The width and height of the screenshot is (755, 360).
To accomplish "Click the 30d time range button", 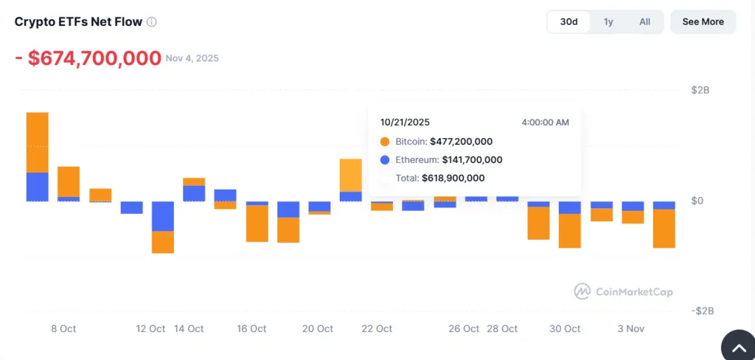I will [x=568, y=22].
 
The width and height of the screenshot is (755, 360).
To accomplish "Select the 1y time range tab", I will [x=608, y=22].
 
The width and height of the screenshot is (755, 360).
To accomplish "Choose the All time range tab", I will [x=644, y=22].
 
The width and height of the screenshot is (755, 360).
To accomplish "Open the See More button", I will [x=703, y=22].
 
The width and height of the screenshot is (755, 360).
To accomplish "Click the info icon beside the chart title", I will [x=152, y=22].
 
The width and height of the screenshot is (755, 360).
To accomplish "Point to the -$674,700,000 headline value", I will [x=88, y=58].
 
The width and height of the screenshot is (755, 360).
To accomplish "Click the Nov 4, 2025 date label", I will [x=192, y=58].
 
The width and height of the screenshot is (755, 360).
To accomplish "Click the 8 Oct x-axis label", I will [x=63, y=329].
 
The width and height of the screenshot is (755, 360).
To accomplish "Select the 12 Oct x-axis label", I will [x=151, y=329].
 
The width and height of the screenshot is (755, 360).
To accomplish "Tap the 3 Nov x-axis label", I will [x=630, y=329].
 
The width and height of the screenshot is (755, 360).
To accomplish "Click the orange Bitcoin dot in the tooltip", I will [x=385, y=142].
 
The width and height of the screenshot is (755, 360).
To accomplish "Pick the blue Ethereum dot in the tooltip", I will [x=385, y=160].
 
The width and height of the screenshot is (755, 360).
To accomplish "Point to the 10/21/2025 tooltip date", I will [x=405, y=122].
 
